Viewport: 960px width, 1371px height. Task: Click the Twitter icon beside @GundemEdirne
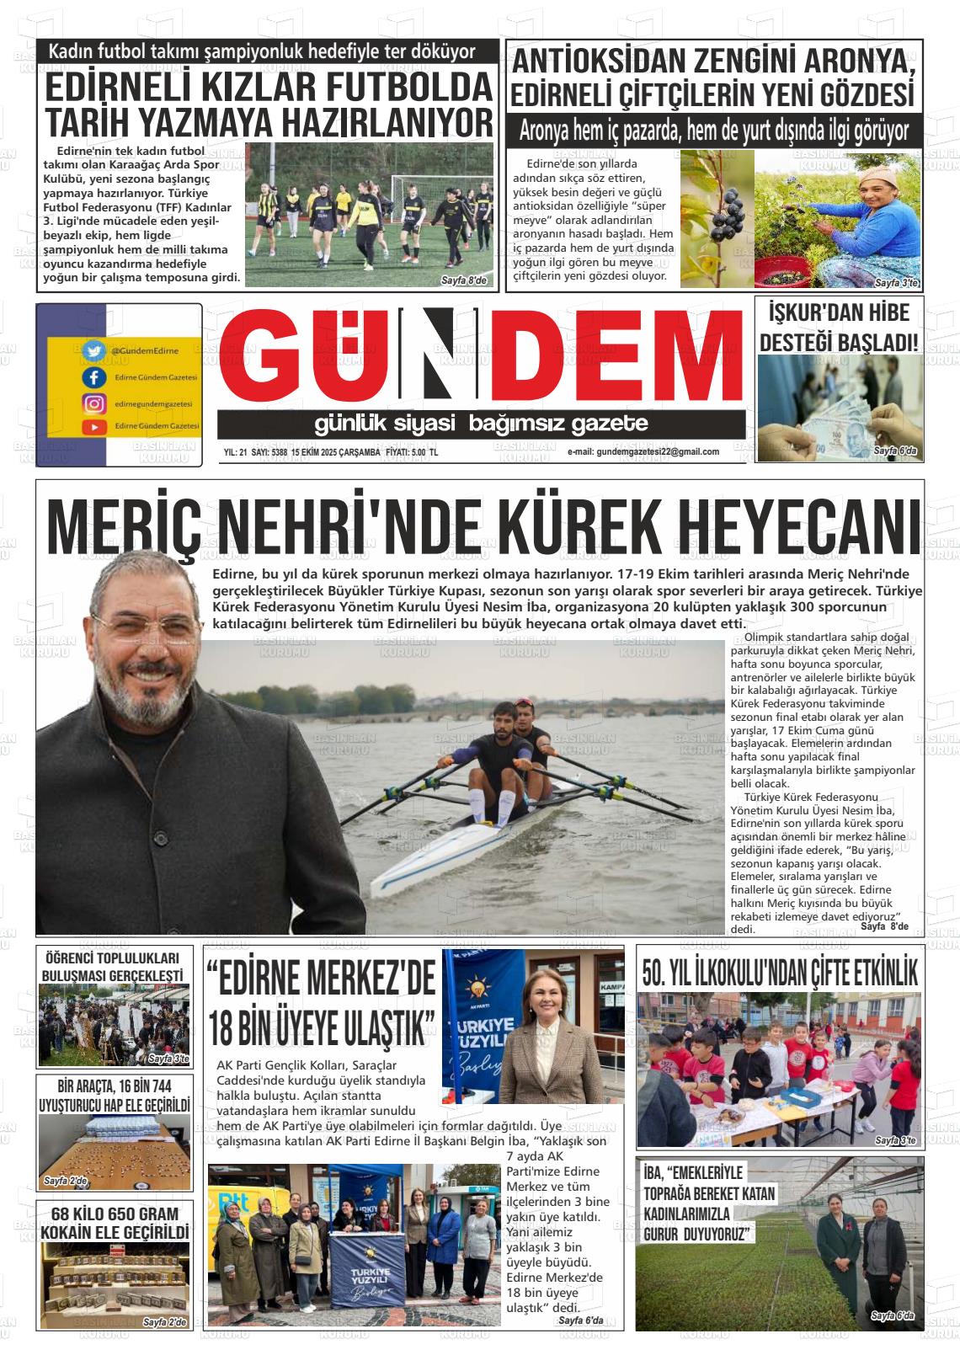[x=93, y=349]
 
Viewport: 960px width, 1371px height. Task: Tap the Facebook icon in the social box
[x=93, y=377]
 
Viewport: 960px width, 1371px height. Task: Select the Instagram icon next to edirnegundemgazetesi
[x=93, y=403]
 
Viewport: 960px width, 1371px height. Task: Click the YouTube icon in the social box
[x=93, y=427]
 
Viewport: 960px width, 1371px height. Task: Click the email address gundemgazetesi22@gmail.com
[x=643, y=452]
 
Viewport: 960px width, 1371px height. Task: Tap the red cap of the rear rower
[x=524, y=702]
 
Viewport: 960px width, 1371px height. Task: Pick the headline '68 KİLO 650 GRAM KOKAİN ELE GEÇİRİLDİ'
[x=114, y=1223]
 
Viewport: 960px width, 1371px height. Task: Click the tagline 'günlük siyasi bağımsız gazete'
[x=481, y=424]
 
